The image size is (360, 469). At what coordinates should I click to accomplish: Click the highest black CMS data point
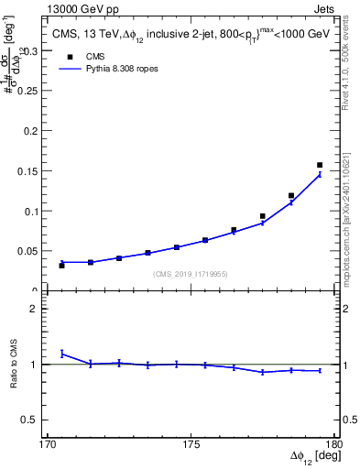[x=320, y=165]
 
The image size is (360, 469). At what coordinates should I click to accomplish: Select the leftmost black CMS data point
[x=62, y=266]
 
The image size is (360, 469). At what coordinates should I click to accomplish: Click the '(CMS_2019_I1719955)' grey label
[x=191, y=274]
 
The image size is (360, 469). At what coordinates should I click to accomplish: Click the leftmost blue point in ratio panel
[x=62, y=353]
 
